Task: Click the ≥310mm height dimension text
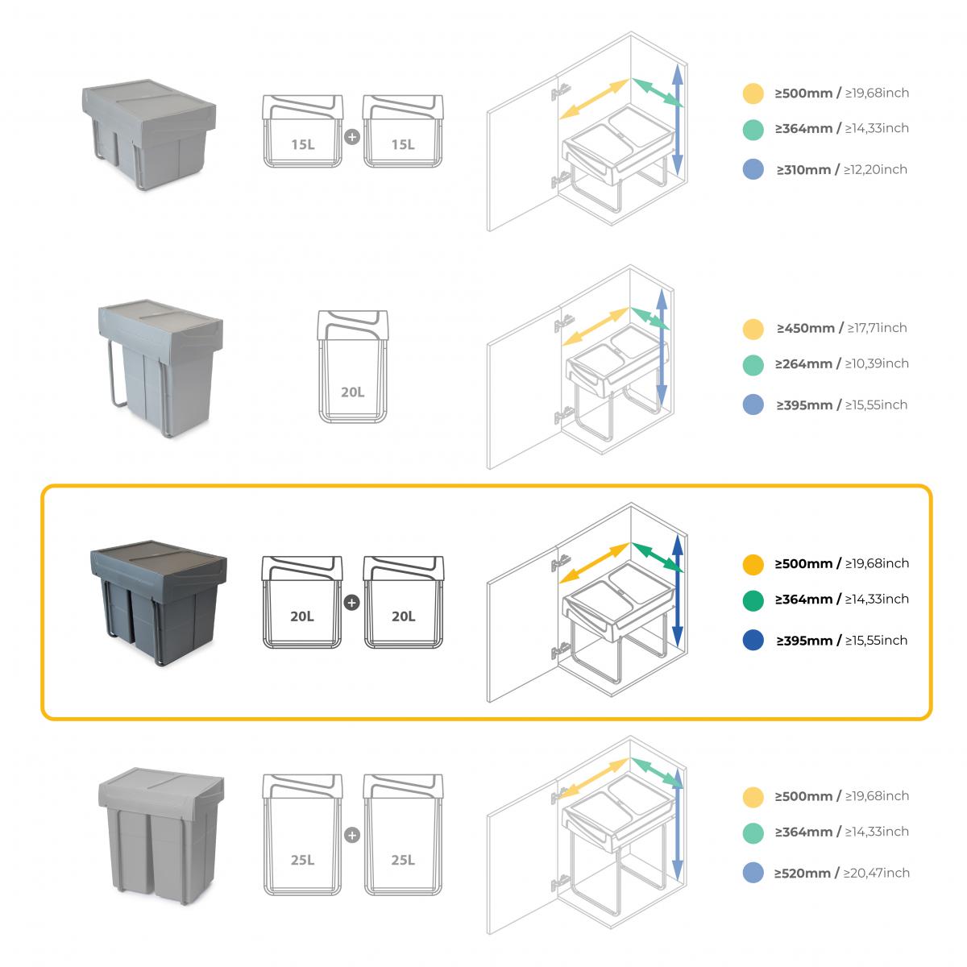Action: click(804, 169)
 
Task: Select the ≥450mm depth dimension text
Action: click(805, 328)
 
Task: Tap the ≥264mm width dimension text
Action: click(803, 363)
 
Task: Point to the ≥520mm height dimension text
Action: click(803, 873)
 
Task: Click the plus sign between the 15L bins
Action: click(351, 137)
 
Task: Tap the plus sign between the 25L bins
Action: click(351, 835)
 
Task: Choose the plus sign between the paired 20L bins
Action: click(351, 602)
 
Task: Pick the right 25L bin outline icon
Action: click(403, 834)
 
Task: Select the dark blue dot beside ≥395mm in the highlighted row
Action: click(753, 641)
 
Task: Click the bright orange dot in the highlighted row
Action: click(753, 564)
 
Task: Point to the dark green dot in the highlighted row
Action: click(753, 600)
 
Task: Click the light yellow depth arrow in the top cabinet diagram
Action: click(595, 100)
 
